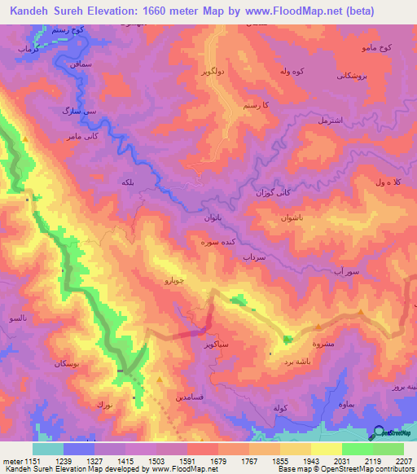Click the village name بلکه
127,182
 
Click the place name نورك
104,404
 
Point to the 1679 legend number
204,462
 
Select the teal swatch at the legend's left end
49,449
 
